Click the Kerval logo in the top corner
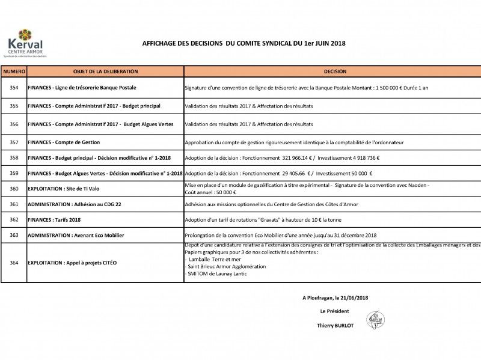pos(25,43)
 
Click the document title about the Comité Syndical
pos(244,43)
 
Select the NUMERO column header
pos(14,72)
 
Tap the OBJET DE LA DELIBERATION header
pos(105,72)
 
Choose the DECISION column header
pos(334,72)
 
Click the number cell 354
pos(14,88)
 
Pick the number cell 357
pos(14,142)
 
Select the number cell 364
pos(14,263)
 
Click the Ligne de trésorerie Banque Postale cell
pos(82,88)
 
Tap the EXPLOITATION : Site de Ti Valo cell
pos(64,189)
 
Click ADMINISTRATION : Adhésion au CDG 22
pos(74,204)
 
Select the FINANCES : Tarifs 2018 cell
pos(54,220)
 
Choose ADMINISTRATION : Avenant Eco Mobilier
pos(76,235)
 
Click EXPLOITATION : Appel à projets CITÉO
pos(72,263)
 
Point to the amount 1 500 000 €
pos(399,88)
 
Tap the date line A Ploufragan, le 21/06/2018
pos(335,297)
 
